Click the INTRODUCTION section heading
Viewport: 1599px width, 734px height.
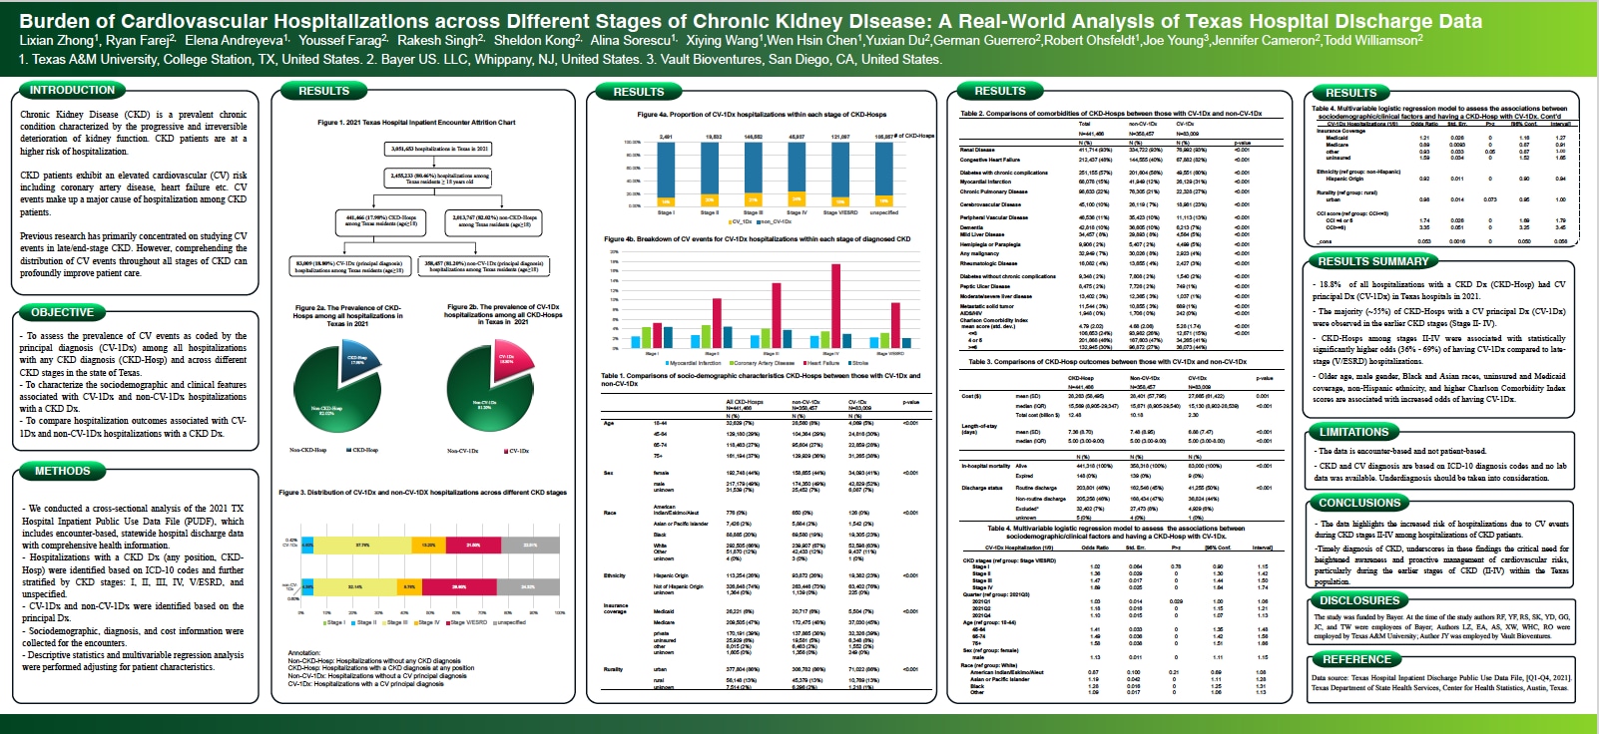point(72,90)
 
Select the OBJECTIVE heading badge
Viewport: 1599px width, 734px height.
point(62,312)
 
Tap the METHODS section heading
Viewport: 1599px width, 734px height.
point(62,471)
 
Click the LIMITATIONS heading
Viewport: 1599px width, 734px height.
point(1353,432)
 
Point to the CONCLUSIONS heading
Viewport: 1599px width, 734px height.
point(1359,503)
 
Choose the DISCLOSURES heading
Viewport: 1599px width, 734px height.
point(1359,600)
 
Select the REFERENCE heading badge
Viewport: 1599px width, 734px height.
point(1356,659)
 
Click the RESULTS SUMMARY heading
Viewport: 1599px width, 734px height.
point(1373,261)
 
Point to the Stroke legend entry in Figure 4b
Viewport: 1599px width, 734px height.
point(858,363)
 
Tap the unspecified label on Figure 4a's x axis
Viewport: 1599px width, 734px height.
point(883,212)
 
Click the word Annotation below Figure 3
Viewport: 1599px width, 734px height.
point(304,652)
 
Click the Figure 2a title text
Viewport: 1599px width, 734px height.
point(347,315)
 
